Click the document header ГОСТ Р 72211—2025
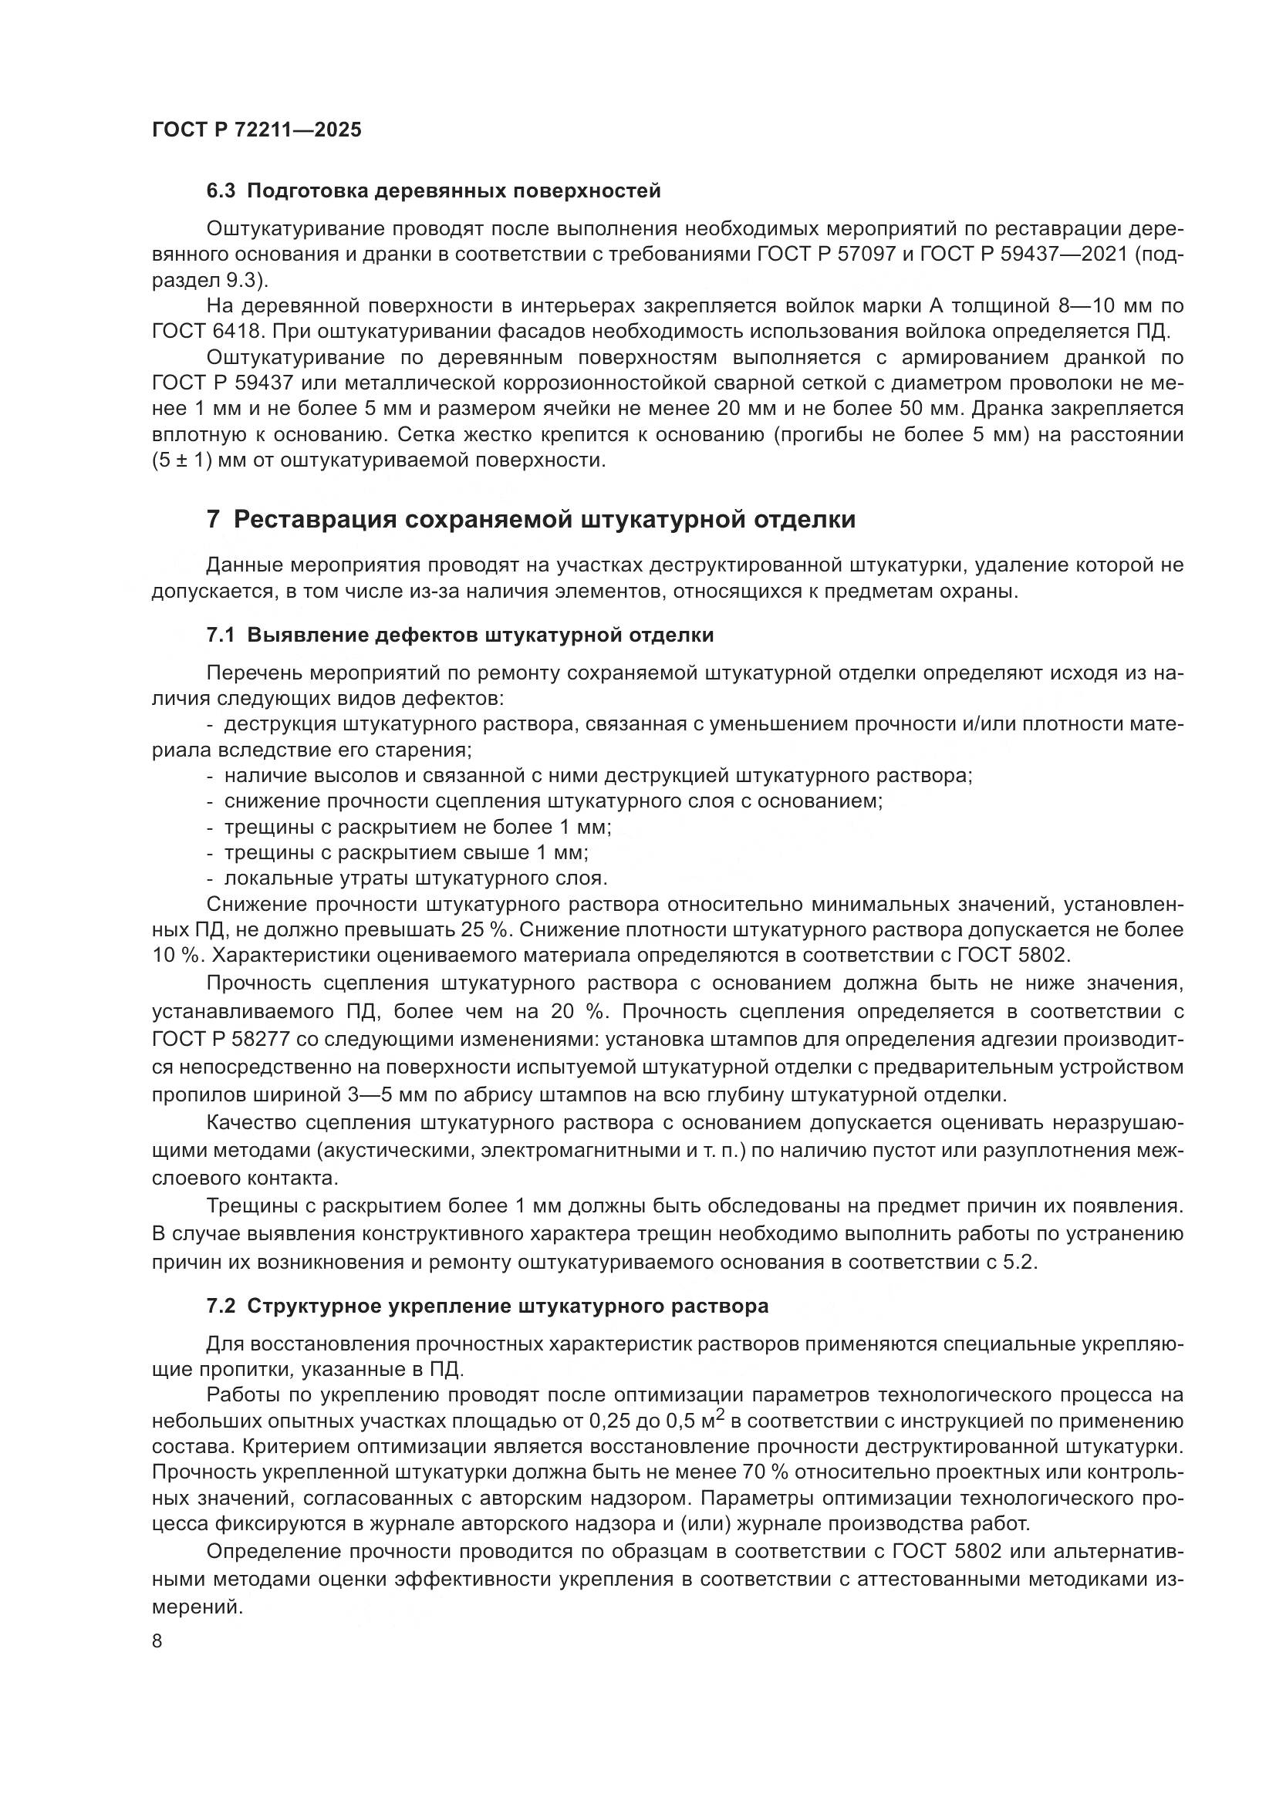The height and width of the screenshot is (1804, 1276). click(x=256, y=130)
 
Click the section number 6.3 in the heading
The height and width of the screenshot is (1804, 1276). click(x=221, y=191)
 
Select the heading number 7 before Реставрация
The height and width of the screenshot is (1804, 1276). click(x=213, y=520)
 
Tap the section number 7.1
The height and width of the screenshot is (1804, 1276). click(x=221, y=635)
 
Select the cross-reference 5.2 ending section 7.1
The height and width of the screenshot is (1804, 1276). click(x=1021, y=1263)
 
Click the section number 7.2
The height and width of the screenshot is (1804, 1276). click(x=221, y=1307)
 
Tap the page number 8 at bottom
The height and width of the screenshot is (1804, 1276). click(x=157, y=1641)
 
